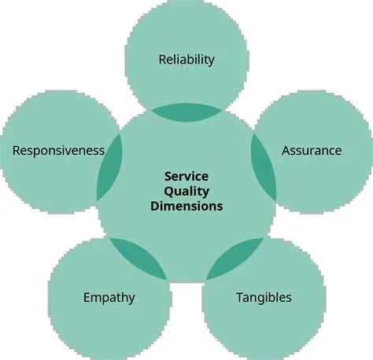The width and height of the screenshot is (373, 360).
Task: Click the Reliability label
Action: point(186,59)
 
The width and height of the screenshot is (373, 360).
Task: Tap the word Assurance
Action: point(312,150)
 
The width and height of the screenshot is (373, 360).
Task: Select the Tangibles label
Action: point(264,297)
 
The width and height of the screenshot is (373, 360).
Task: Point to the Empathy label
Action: point(109,297)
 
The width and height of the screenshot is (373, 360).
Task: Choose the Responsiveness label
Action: point(59,150)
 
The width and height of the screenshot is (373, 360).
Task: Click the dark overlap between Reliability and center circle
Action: point(186,112)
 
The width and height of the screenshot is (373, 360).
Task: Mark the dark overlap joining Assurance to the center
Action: point(264,166)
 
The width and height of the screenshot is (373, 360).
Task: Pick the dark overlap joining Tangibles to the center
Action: point(235,259)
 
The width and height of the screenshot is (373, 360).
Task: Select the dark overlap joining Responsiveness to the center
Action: point(109,166)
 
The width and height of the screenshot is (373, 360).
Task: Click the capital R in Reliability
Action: point(162,59)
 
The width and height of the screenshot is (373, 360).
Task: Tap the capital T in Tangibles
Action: point(239,297)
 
